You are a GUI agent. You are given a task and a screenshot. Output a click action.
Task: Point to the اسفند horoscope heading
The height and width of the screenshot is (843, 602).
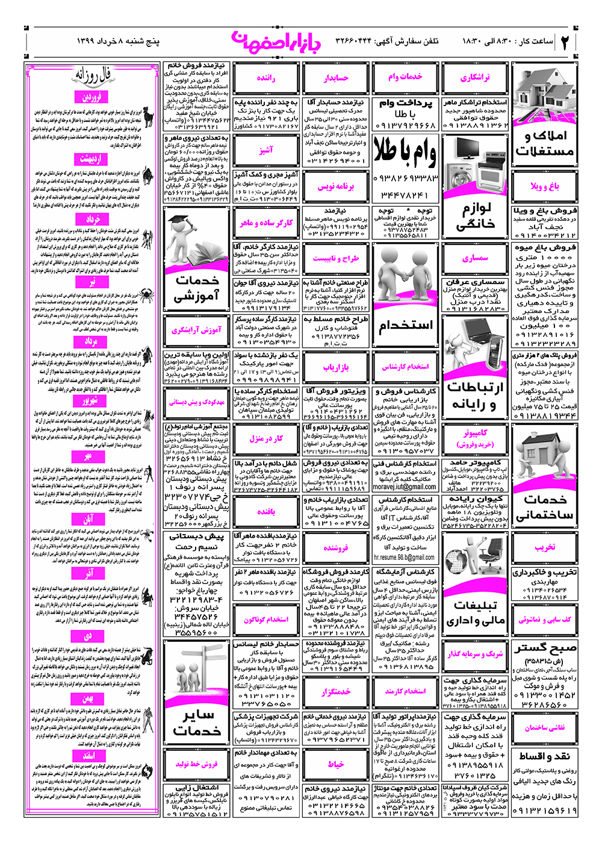point(89,755)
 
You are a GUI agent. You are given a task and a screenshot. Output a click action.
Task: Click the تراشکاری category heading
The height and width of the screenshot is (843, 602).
point(476,78)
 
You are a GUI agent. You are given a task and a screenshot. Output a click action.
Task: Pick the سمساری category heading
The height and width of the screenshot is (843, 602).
point(476,258)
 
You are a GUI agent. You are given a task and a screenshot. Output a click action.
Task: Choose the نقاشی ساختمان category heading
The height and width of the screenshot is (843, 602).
point(545,728)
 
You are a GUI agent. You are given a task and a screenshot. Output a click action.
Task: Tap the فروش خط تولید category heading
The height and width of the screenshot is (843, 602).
point(197,764)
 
